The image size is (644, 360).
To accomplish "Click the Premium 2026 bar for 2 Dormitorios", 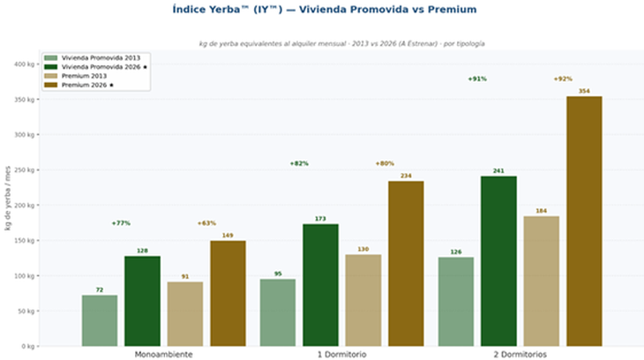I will pyautogui.click(x=584, y=221).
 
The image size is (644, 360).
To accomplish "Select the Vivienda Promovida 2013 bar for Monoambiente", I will pyautogui.click(x=100, y=320).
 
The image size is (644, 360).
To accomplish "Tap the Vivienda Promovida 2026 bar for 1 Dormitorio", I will pyautogui.click(x=320, y=284).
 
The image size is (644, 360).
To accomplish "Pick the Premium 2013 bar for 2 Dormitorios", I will pyautogui.click(x=541, y=281).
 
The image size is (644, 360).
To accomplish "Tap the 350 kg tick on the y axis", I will pyautogui.click(x=24, y=100).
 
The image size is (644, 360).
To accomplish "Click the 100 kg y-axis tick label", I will pyautogui.click(x=24, y=276).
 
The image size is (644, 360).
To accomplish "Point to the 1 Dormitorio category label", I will pyautogui.click(x=341, y=354).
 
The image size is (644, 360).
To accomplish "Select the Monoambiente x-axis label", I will pyautogui.click(x=163, y=354).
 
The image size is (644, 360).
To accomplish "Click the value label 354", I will pyautogui.click(x=584, y=91).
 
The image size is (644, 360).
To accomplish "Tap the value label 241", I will pyautogui.click(x=498, y=170).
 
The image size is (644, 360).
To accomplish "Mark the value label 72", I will pyautogui.click(x=100, y=289).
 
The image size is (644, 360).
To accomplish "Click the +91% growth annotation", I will pyautogui.click(x=477, y=79).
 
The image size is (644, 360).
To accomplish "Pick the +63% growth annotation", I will pyautogui.click(x=206, y=223).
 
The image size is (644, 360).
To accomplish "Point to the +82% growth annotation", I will pyautogui.click(x=299, y=163).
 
